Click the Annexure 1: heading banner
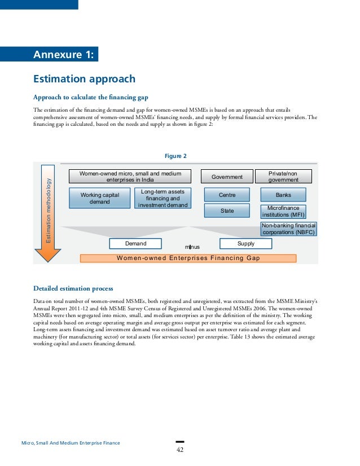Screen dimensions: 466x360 pyautogui.click(x=65, y=55)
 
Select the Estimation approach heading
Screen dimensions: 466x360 pyautogui.click(x=84, y=78)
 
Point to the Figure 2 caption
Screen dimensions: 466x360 pyautogui.click(x=175, y=156)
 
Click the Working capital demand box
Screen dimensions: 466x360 pyautogui.click(x=99, y=199)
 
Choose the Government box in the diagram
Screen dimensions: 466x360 pyautogui.click(x=227, y=177)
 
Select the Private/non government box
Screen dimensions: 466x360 pyautogui.click(x=284, y=177)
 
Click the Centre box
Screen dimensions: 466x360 pyautogui.click(x=227, y=195)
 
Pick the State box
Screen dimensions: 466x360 pyautogui.click(x=227, y=211)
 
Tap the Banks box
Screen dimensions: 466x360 pyautogui.click(x=283, y=195)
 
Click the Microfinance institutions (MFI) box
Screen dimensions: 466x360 pyautogui.click(x=283, y=212)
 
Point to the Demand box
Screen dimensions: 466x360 pyautogui.click(x=135, y=244)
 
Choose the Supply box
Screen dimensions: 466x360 pyautogui.click(x=245, y=244)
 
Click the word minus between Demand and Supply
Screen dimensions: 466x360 pyautogui.click(x=192, y=247)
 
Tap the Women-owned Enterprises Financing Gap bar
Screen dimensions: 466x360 pyautogui.click(x=188, y=258)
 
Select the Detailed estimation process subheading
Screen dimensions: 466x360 pyautogui.click(x=73, y=289)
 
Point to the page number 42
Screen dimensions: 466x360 pyautogui.click(x=180, y=450)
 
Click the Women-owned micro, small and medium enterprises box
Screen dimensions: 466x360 pyautogui.click(x=130, y=177)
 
